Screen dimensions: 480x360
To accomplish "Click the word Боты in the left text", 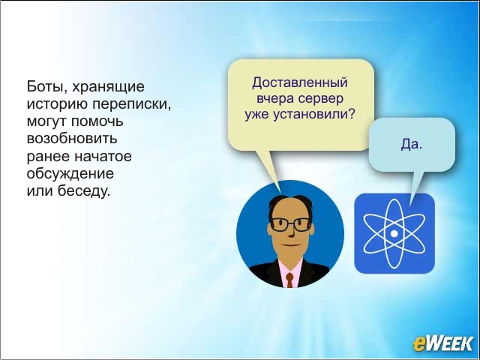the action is tap(44, 87).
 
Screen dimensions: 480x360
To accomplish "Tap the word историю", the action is tap(57, 104).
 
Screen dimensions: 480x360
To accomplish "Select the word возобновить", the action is tap(72, 139).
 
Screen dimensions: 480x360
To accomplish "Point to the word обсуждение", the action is tap(70, 174).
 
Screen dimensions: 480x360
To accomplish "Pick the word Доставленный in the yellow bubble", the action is tap(300, 82).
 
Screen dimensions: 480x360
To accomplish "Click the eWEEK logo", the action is tap(442, 343).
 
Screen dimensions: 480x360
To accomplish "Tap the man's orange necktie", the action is tap(289, 280).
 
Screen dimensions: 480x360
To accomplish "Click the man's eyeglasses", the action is tap(290, 224).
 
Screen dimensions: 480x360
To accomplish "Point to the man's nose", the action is tap(291, 232).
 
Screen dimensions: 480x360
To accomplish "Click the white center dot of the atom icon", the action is tap(394, 233).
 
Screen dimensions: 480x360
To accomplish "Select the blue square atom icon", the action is tap(394, 233).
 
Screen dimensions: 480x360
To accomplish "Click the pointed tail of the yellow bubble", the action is tap(280, 192).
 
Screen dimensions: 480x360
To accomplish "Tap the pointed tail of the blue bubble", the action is tap(410, 205).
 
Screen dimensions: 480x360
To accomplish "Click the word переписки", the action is tap(131, 104).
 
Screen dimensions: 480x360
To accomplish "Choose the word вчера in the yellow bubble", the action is tap(274, 99).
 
